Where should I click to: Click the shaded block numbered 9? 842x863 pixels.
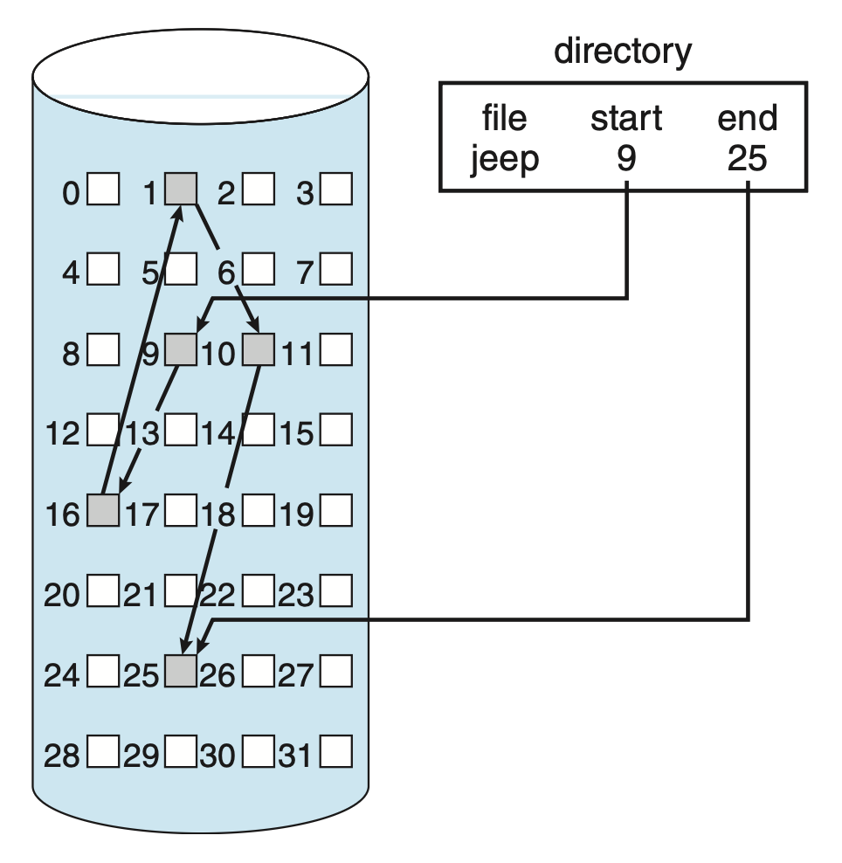tap(181, 350)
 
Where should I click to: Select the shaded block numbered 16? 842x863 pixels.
tap(103, 511)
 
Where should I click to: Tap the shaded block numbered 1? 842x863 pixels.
tap(181, 189)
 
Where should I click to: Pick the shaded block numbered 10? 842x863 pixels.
tap(259, 350)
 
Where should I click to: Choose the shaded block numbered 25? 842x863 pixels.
tap(181, 672)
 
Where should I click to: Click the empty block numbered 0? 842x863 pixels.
tap(103, 189)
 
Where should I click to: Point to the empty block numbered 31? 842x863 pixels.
tap(336, 752)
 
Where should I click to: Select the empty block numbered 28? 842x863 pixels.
tap(103, 752)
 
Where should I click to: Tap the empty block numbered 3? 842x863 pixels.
tap(336, 189)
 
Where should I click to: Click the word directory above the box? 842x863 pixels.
tap(623, 52)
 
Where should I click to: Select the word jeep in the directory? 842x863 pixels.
tap(505, 160)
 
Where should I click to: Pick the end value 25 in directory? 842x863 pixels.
tap(747, 160)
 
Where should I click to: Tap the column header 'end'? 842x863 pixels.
tap(747, 118)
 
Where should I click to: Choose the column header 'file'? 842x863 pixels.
tap(505, 118)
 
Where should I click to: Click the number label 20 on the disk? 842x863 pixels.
tap(62, 597)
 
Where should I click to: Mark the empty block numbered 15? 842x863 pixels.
tap(336, 431)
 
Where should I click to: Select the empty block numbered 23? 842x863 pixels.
tap(336, 592)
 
